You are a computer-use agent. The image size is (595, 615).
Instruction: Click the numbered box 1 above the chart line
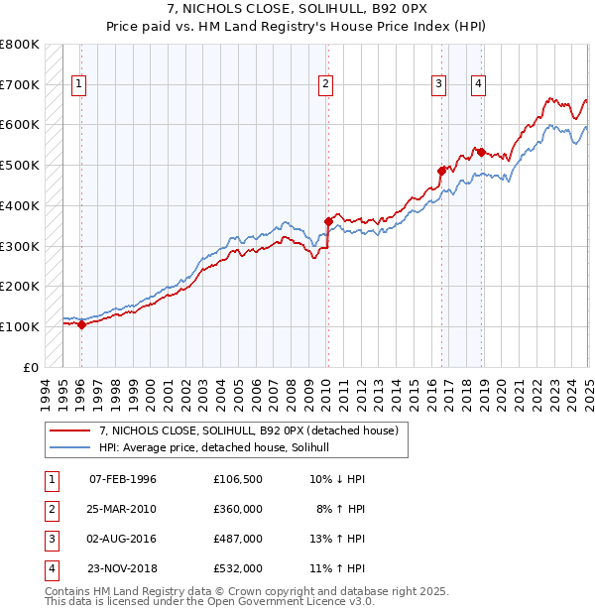click(78, 85)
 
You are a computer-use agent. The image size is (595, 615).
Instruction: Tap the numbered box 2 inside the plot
click(325, 85)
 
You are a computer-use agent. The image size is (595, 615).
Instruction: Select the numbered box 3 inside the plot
click(437, 85)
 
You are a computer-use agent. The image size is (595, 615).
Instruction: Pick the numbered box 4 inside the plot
click(478, 85)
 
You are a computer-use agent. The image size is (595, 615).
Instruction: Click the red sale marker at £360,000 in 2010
click(328, 221)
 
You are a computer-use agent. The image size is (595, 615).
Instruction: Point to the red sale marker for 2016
click(441, 171)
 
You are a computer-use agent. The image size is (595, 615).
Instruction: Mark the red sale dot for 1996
click(81, 324)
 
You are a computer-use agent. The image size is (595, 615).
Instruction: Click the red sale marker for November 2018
click(482, 152)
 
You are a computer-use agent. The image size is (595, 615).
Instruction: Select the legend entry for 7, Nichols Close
click(248, 430)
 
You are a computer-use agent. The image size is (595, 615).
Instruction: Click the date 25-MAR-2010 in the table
click(123, 509)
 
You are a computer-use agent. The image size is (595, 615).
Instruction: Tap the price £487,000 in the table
click(238, 539)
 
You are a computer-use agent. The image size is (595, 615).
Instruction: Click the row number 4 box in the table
click(49, 568)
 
